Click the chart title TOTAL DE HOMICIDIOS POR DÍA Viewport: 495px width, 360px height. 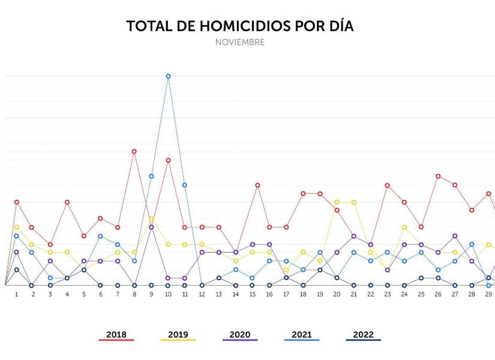[239, 26]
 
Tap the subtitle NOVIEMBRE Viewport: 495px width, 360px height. [239, 43]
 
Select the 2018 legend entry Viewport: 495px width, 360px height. [116, 335]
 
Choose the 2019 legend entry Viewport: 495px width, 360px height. [178, 335]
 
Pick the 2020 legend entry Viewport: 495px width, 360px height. [240, 335]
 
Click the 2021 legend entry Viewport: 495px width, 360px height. [302, 335]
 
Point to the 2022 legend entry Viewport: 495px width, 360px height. [363, 335]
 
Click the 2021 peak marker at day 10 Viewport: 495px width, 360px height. [168, 76]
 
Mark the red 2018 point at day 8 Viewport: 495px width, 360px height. [134, 151]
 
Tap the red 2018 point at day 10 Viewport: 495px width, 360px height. [168, 160]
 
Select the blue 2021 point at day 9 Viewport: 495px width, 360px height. [151, 176]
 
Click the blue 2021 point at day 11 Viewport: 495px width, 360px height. [185, 185]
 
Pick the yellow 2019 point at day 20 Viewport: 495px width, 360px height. [337, 202]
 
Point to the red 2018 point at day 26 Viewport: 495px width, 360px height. [438, 176]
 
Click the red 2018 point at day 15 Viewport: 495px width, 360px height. [257, 185]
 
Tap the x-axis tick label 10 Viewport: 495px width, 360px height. [168, 295]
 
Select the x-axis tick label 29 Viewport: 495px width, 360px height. [489, 295]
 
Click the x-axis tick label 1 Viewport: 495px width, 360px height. [17, 295]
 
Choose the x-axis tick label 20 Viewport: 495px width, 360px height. [337, 295]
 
